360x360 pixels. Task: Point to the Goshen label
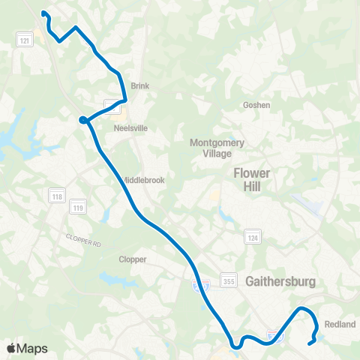point(256,106)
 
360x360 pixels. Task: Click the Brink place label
point(140,86)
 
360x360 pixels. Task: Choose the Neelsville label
point(130,128)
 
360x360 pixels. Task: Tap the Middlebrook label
point(142,180)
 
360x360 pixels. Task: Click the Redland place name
point(340,325)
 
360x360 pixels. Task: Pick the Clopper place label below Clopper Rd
point(132,259)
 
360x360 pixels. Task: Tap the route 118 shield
point(57,196)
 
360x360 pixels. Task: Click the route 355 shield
point(227,280)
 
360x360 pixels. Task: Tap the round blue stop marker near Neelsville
point(82,118)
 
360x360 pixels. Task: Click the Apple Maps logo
point(28,348)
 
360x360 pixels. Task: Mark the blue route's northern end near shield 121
point(43,12)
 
